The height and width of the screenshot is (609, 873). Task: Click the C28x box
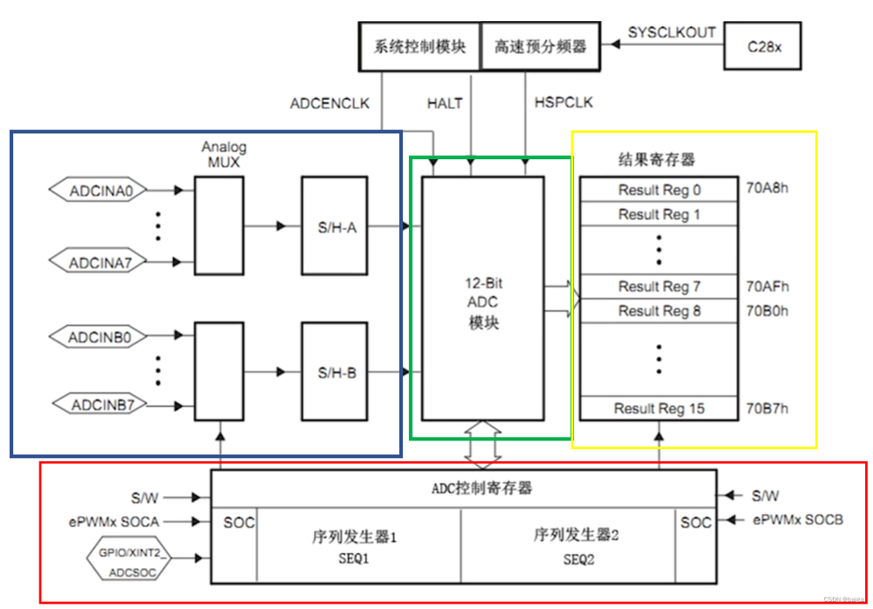pyautogui.click(x=765, y=46)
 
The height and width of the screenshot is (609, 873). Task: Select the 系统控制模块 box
pyautogui.click(x=419, y=46)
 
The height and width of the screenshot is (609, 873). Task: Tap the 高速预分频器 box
pyautogui.click(x=540, y=46)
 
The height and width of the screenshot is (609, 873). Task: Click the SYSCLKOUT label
pyautogui.click(x=671, y=33)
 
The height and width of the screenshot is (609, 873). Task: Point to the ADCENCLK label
pyautogui.click(x=329, y=103)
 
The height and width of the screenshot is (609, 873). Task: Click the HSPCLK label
pyautogui.click(x=563, y=103)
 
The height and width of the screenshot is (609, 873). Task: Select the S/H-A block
pyautogui.click(x=336, y=226)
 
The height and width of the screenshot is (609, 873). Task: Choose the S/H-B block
pyautogui.click(x=336, y=372)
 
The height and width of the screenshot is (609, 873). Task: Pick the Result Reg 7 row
pyautogui.click(x=659, y=287)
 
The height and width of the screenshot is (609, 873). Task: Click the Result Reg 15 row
pyautogui.click(x=659, y=408)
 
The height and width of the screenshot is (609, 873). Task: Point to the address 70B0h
pyautogui.click(x=767, y=310)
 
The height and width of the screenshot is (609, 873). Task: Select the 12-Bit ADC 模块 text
pyautogui.click(x=482, y=303)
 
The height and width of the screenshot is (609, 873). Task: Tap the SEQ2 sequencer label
pyautogui.click(x=578, y=558)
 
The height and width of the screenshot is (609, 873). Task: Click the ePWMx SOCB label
pyautogui.click(x=797, y=520)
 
